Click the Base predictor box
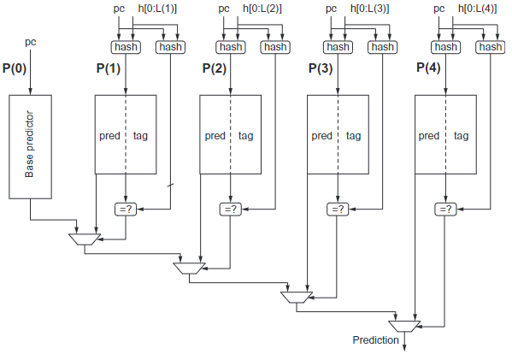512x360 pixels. [x=30, y=147]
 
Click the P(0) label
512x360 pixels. [x=15, y=68]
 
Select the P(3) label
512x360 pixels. [x=321, y=68]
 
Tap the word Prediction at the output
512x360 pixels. [x=375, y=340]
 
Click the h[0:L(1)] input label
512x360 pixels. [x=157, y=9]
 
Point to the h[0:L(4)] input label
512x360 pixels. [x=478, y=9]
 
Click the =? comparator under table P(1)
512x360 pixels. [x=126, y=210]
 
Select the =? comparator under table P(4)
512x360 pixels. [x=445, y=210]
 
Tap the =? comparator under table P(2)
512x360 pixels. [x=231, y=210]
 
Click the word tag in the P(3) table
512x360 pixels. [x=353, y=136]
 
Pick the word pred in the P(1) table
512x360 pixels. [x=109, y=136]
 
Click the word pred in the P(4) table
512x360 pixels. [x=429, y=136]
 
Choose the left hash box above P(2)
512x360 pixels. [x=231, y=47]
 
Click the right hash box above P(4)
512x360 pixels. [x=490, y=47]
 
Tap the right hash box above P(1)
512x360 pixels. [x=170, y=47]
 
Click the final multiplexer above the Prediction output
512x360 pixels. [x=404, y=326]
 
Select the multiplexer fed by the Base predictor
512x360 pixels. [x=85, y=239]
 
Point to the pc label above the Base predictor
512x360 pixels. [x=31, y=42]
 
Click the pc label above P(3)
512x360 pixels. [x=331, y=9]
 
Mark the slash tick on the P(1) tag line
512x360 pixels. [x=170, y=186]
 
